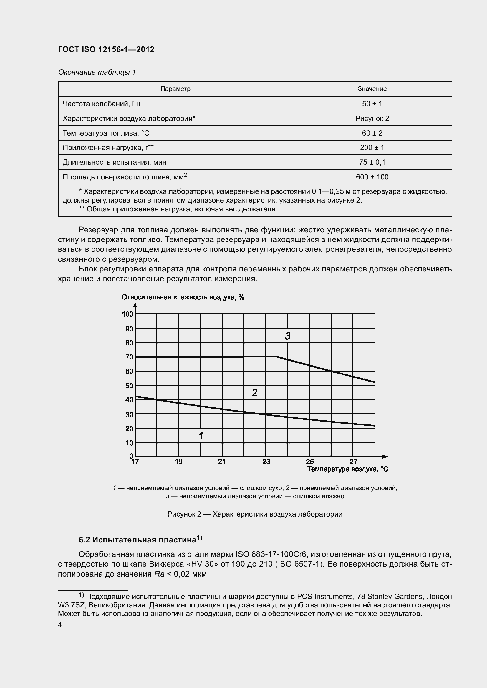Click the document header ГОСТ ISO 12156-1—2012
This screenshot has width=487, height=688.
point(106,49)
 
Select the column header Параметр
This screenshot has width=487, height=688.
point(175,89)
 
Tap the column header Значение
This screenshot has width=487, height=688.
point(372,89)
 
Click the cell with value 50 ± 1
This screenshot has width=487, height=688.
point(372,104)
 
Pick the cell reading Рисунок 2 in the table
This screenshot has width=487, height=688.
point(372,118)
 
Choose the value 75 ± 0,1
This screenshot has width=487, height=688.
point(372,162)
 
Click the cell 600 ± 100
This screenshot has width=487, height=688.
point(372,177)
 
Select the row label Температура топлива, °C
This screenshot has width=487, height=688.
point(106,133)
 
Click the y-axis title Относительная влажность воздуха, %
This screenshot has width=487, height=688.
point(183,297)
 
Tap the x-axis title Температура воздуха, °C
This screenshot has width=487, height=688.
point(347,469)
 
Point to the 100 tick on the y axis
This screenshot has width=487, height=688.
point(127,314)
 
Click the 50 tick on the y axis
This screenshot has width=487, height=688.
point(129,386)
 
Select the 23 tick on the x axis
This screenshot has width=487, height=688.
point(266,462)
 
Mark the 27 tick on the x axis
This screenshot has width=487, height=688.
point(353,462)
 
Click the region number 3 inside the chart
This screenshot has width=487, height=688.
point(288,336)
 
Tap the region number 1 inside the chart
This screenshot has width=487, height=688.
point(201,436)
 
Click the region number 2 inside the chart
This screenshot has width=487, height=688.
point(255,393)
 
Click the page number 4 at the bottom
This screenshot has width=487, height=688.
point(60,625)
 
